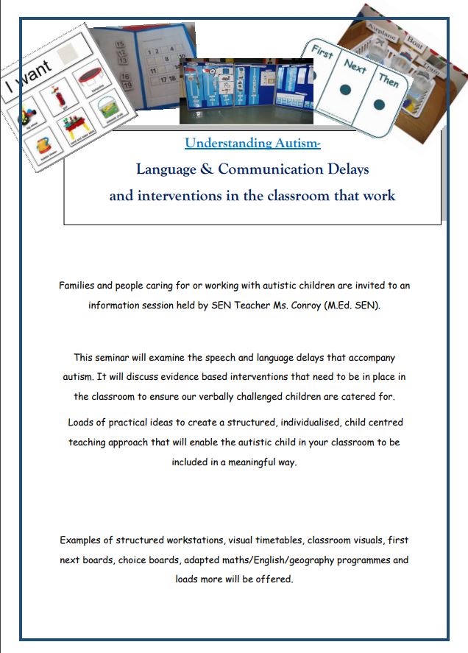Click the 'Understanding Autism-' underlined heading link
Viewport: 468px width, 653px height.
pyautogui.click(x=252, y=143)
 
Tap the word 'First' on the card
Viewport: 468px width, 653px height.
pyautogui.click(x=322, y=53)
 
